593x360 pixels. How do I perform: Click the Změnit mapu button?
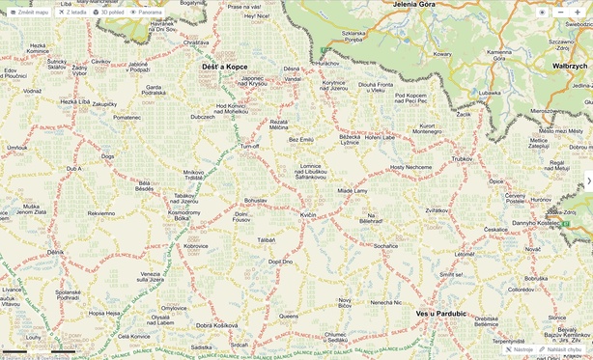coord(29,13)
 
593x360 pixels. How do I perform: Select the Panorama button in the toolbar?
coord(147,13)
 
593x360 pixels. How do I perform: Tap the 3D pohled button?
coord(108,13)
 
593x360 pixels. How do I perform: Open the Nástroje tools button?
coord(520,349)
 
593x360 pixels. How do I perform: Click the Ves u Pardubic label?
coord(440,313)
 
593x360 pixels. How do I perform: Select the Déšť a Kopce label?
coord(224,67)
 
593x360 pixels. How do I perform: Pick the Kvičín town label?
coord(308,214)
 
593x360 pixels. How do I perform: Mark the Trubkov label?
coord(462,158)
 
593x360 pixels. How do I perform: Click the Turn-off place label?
coord(249,146)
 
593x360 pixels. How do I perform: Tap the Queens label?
coord(289,316)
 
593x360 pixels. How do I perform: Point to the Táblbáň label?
coord(267,239)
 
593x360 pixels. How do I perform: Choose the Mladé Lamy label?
coord(352,191)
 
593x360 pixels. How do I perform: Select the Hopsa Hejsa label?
coord(104,313)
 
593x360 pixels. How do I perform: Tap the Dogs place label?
coord(107,155)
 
